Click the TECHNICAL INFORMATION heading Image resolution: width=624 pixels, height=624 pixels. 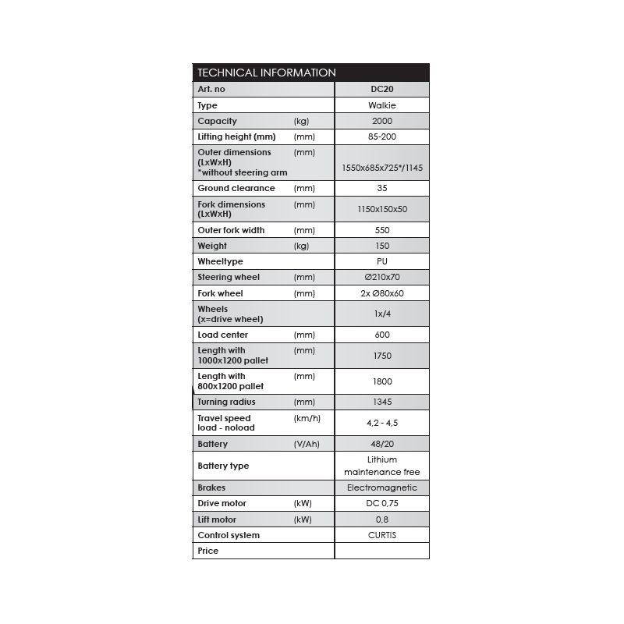(x=267, y=73)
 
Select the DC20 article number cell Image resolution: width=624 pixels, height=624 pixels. (x=381, y=89)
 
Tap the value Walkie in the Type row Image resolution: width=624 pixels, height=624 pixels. (x=381, y=105)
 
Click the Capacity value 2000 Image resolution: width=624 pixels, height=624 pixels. (x=381, y=121)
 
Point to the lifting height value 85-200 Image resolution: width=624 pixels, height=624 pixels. (x=381, y=136)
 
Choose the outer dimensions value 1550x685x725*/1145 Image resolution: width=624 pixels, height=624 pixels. (x=381, y=168)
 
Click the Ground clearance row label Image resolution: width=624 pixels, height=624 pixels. (x=236, y=188)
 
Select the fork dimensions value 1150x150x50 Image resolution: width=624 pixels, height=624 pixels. (x=381, y=209)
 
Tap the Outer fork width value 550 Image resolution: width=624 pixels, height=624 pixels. (x=381, y=230)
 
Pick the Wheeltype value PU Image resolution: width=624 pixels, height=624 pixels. (x=381, y=261)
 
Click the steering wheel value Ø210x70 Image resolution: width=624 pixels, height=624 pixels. (x=381, y=277)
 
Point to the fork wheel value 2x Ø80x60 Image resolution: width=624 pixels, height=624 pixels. (x=381, y=293)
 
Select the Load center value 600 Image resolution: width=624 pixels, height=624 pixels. (x=381, y=335)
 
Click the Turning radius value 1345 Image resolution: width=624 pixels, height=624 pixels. (x=381, y=402)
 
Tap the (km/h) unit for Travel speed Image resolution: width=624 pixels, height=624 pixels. (x=307, y=418)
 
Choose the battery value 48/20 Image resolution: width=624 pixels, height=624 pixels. (x=381, y=444)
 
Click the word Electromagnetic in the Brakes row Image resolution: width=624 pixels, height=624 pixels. (x=381, y=487)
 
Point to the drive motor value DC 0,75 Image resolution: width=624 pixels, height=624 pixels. (x=381, y=504)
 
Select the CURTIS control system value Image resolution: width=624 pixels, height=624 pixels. (x=381, y=535)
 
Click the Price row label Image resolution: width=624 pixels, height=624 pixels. (x=208, y=551)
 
